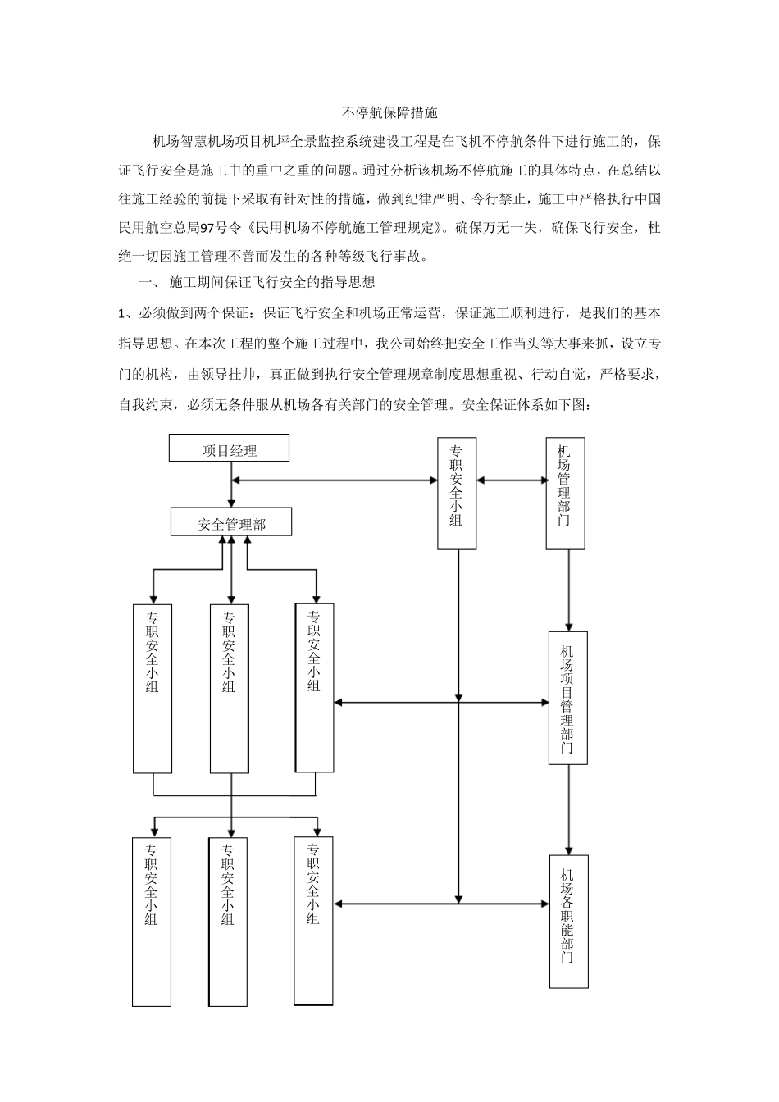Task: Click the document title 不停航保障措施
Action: click(x=389, y=112)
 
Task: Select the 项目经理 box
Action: click(x=229, y=449)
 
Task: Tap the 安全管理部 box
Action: click(x=231, y=522)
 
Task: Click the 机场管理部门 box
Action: click(x=565, y=493)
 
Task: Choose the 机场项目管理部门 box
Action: click(x=567, y=698)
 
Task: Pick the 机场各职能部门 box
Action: click(x=568, y=920)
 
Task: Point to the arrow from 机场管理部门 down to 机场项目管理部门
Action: click(x=567, y=590)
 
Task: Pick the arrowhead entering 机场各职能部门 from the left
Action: click(x=544, y=904)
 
